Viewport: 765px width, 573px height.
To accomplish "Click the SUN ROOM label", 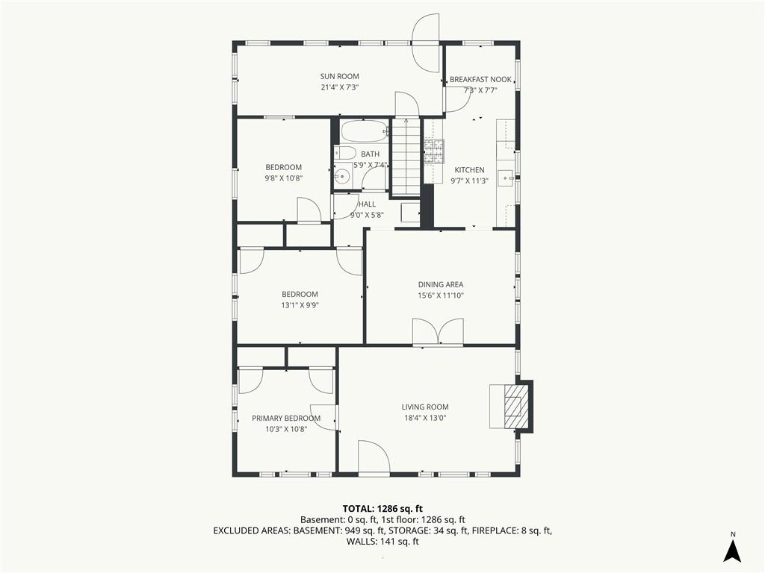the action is pyautogui.click(x=340, y=76).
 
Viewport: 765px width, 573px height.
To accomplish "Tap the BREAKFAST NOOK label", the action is pyautogui.click(x=480, y=79).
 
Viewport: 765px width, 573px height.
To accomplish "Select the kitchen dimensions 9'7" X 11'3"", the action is pyautogui.click(x=469, y=181).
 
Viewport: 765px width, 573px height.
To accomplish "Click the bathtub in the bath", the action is pyautogui.click(x=365, y=131).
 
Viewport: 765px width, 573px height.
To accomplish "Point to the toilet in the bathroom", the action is pyautogui.click(x=345, y=152).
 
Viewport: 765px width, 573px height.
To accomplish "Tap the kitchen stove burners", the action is pyautogui.click(x=434, y=151).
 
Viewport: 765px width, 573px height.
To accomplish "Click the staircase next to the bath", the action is pyautogui.click(x=407, y=157).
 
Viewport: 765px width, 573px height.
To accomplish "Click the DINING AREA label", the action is pyautogui.click(x=441, y=284).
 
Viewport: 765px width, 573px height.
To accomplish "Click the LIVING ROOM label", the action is pyautogui.click(x=425, y=407).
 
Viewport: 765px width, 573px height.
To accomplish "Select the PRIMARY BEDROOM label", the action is pyautogui.click(x=286, y=418).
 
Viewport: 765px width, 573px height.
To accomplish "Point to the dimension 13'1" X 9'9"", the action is pyautogui.click(x=300, y=305).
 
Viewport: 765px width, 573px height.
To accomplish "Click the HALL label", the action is pyautogui.click(x=367, y=204).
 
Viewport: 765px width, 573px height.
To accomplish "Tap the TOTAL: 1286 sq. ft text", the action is pyautogui.click(x=382, y=509).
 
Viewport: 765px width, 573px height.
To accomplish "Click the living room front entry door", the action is pyautogui.click(x=374, y=457).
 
